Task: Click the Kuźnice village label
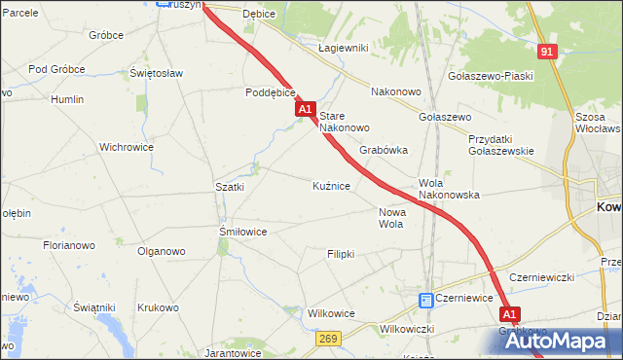(331, 185)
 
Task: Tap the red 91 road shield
(548, 52)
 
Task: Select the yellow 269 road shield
(327, 338)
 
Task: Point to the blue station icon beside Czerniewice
(425, 301)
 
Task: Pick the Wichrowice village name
(127, 148)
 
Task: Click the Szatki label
(229, 186)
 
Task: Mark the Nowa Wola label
(390, 218)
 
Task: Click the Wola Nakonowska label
(449, 189)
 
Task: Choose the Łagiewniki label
(343, 48)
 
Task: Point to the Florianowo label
(68, 246)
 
